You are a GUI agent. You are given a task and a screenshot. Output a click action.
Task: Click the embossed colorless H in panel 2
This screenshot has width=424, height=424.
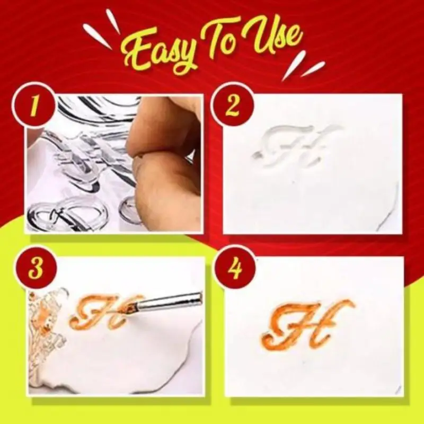point(295,146)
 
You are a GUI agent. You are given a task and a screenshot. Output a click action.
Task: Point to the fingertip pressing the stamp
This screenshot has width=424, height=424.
point(159,175)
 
